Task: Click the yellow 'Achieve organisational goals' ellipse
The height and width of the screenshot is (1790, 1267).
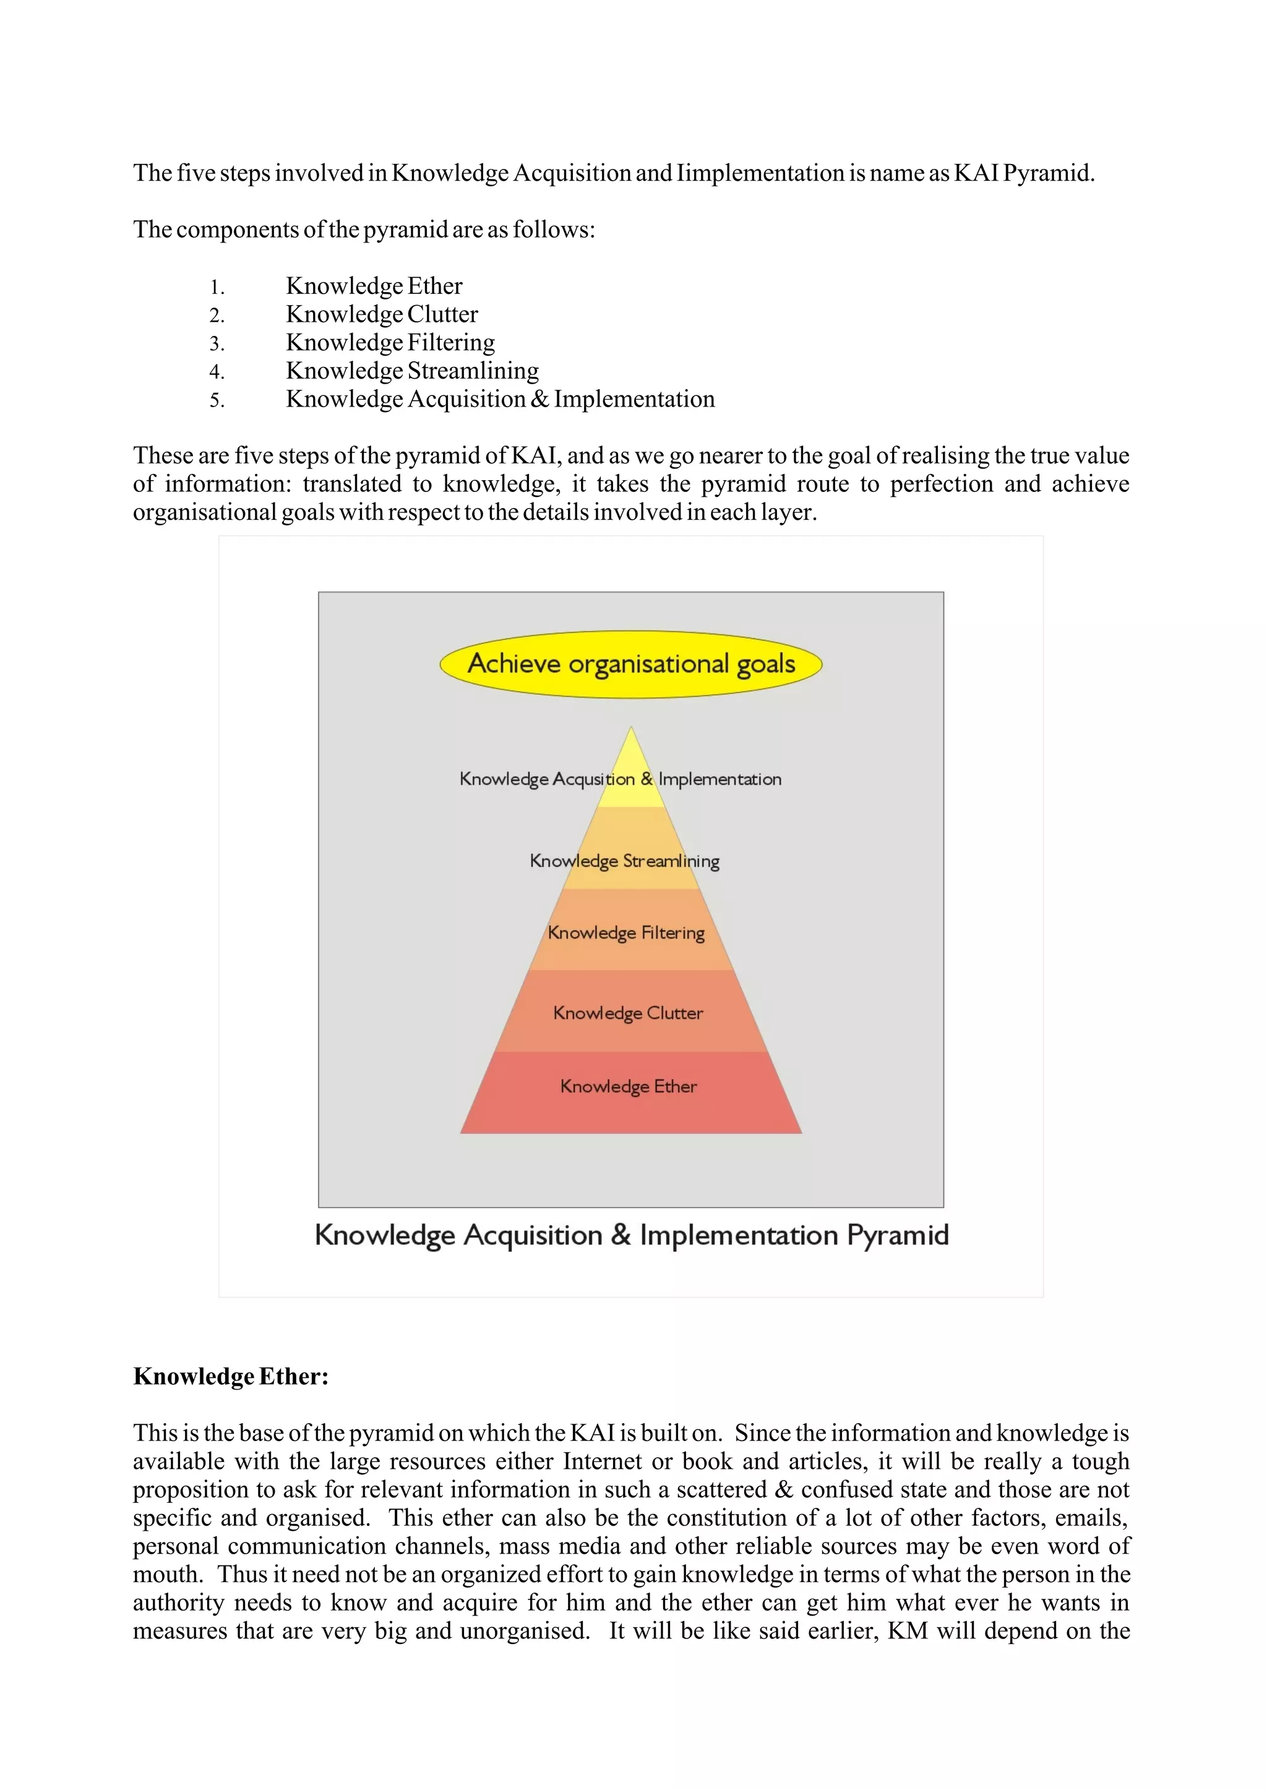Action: pos(630,664)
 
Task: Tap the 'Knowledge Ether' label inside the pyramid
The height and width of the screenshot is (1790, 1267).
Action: pos(628,1086)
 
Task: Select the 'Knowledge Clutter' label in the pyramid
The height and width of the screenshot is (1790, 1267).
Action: pos(628,1013)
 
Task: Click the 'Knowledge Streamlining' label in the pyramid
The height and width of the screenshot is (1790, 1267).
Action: pos(624,861)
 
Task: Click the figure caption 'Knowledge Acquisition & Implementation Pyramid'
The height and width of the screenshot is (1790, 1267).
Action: pos(631,1235)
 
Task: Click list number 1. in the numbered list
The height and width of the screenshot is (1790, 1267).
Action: pos(217,287)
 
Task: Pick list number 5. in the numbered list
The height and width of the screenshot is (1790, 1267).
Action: pos(217,400)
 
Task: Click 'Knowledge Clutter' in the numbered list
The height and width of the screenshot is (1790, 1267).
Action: pos(382,314)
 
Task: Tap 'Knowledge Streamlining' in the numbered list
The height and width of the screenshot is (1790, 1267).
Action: pos(412,371)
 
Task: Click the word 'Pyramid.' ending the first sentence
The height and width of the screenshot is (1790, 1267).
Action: pos(1049,173)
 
